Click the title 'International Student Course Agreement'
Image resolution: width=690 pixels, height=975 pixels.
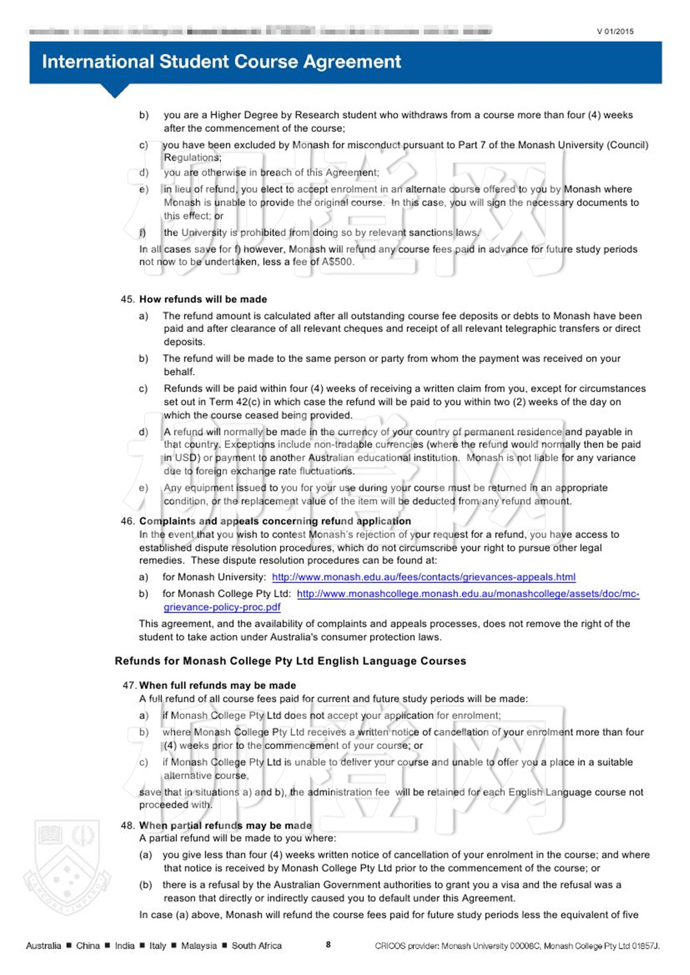tap(221, 62)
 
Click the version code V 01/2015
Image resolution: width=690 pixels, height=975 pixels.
tap(615, 32)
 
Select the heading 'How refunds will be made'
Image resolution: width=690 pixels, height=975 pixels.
tap(203, 299)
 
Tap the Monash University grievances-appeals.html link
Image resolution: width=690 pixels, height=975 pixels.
tap(423, 577)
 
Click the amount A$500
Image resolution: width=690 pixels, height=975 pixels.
tap(338, 262)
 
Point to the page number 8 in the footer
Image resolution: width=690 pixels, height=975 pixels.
tap(328, 944)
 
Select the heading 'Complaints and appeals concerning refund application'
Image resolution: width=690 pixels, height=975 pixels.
tap(275, 521)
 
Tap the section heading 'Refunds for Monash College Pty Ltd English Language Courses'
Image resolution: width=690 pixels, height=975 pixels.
tap(290, 661)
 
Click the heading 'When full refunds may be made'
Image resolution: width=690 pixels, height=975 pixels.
tap(217, 685)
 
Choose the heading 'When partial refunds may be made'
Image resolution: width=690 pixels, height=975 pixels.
tap(225, 825)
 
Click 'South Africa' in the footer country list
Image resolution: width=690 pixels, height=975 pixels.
tap(257, 945)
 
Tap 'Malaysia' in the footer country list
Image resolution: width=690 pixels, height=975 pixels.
tap(199, 945)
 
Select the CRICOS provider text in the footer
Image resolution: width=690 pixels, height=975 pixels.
tap(517, 945)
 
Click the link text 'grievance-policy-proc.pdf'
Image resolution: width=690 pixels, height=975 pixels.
tap(222, 607)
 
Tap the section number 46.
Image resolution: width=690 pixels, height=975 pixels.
tap(128, 521)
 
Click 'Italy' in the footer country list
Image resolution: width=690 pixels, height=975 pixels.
tap(158, 945)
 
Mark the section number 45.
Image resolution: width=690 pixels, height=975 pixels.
tap(128, 299)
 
